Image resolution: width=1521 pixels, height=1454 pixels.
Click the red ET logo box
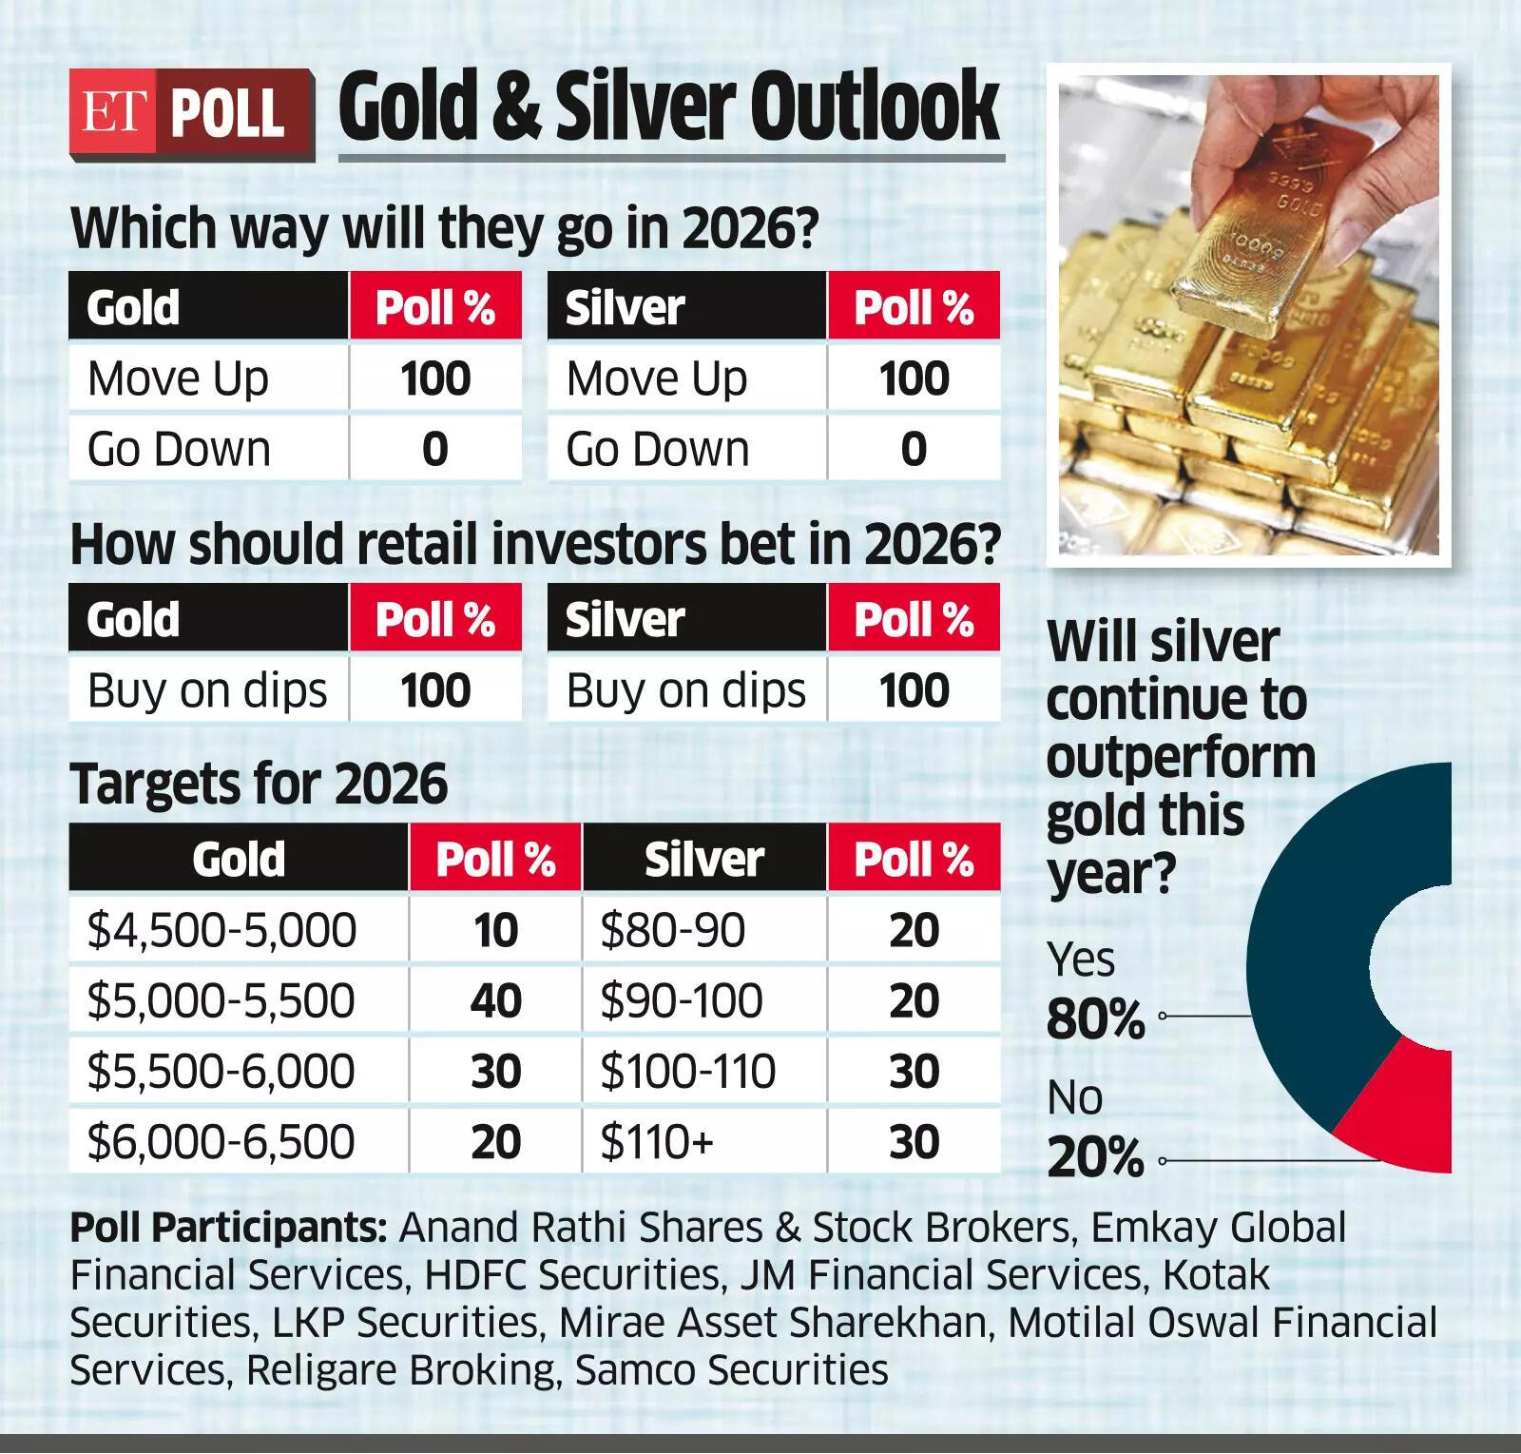(112, 114)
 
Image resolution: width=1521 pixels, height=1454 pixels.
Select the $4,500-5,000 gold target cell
(221, 930)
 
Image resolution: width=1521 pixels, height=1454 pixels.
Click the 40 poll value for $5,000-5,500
(495, 1000)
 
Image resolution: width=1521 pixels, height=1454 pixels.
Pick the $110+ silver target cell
(657, 1141)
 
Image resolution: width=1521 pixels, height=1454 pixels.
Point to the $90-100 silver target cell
(681, 1000)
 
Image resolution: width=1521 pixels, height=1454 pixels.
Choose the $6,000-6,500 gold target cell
(221, 1141)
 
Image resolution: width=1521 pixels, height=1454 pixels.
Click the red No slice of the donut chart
(1402, 1113)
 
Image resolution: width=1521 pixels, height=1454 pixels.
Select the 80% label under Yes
(1095, 1019)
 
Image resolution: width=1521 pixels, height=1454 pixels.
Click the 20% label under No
(1095, 1158)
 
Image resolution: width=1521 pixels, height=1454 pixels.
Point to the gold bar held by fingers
(1236, 238)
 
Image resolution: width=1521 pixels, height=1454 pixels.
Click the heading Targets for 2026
(259, 785)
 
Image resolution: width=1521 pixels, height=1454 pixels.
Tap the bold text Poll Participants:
(228, 1228)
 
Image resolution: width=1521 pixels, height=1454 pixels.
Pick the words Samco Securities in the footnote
(732, 1370)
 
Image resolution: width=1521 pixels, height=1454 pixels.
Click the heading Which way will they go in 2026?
(444, 228)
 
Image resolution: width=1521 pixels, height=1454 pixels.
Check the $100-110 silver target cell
(687, 1071)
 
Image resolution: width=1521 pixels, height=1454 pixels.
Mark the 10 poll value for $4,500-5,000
(495, 930)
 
